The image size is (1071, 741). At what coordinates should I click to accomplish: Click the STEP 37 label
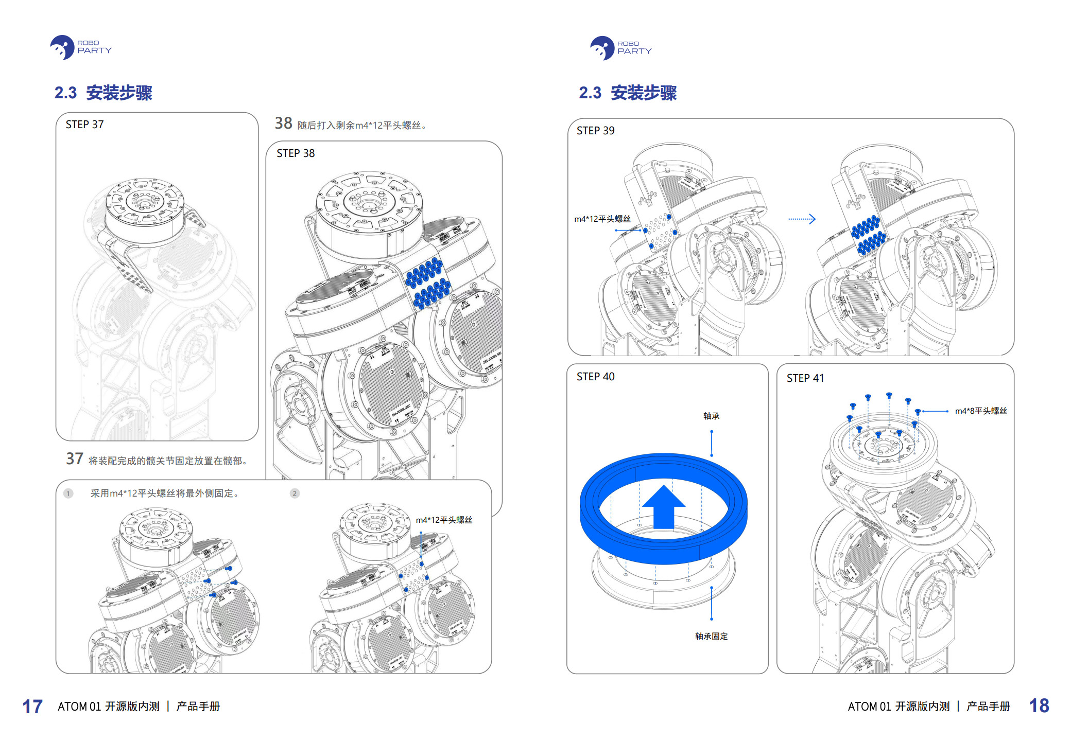[84, 125]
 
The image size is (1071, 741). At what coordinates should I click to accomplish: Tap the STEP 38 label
[295, 153]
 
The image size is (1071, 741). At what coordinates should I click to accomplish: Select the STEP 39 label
[595, 131]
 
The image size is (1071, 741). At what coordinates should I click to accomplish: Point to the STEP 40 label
[595, 377]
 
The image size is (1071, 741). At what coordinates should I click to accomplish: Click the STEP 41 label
[805, 378]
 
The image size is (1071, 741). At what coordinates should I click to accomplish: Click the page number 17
[32, 707]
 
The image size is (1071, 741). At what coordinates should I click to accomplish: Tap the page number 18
[1039, 705]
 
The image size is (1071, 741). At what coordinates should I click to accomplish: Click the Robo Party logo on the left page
[80, 47]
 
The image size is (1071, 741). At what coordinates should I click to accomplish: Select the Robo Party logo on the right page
[620, 48]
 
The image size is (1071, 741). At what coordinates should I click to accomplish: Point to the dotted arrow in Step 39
[802, 219]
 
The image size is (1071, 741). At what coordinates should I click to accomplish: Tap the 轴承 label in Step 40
[711, 416]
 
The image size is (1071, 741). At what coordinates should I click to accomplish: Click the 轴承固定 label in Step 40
[711, 636]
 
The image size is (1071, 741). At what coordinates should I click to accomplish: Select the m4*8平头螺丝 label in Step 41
[980, 411]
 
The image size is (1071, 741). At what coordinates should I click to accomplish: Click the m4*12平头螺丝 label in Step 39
[602, 219]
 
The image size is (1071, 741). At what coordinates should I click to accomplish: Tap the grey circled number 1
[68, 493]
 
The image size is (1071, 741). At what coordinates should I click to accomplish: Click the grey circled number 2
[295, 493]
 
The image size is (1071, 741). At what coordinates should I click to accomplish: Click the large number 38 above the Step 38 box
[283, 123]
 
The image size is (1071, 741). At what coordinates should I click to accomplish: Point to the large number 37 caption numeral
[75, 458]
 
